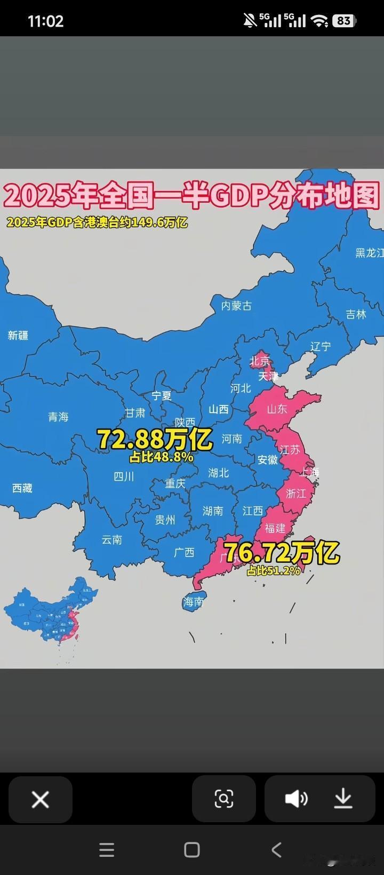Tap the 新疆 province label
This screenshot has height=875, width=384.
pos(18,336)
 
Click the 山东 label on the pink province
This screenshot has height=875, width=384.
pos(277,409)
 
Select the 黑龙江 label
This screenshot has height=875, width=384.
pos(369,253)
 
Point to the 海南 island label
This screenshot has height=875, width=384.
pos(193,602)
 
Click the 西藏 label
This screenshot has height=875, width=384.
pos(22,488)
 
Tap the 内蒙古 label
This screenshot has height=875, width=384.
pos(236,306)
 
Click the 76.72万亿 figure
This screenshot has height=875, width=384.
pos(281,553)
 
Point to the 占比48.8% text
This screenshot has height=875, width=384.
pos(161,457)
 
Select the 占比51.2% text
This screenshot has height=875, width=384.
pos(273,570)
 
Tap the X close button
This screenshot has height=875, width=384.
pos(41,799)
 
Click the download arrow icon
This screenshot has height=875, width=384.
pos(343,799)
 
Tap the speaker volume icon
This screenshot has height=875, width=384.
pos(296,799)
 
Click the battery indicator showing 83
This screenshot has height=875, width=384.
pos(344,21)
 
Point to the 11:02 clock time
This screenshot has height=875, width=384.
pos(45,21)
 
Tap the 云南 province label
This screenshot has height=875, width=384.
pos(112,540)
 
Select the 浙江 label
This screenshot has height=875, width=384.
pos(296,494)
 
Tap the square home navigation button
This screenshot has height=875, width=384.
pos(191,850)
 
